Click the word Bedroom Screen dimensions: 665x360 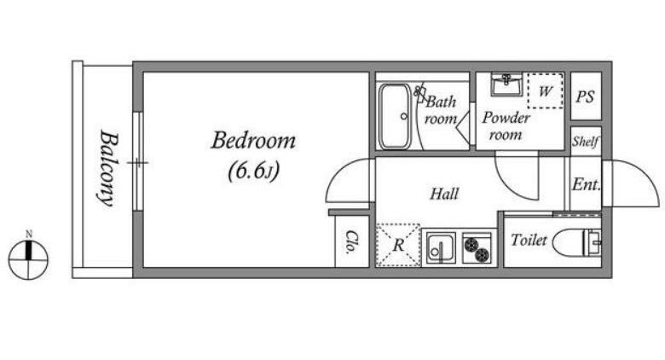tap(253, 141)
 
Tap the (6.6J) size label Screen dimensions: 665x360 tap(253, 171)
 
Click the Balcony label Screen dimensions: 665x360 tap(107, 168)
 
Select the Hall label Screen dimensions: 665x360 tap(444, 194)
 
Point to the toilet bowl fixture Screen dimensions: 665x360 tap(577, 243)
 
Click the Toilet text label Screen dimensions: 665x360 tap(529, 241)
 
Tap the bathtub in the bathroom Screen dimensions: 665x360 tap(395, 116)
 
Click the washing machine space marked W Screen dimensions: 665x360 tap(546, 90)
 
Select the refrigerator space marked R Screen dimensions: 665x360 tap(398, 245)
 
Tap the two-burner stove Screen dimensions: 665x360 tap(477, 247)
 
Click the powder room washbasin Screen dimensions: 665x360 tap(506, 84)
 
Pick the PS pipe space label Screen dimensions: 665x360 tap(585, 96)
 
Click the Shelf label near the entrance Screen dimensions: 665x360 tap(586, 141)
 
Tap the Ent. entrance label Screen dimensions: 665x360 tap(586, 184)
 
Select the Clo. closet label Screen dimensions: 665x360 tap(351, 242)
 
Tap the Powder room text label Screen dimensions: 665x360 tap(506, 126)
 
